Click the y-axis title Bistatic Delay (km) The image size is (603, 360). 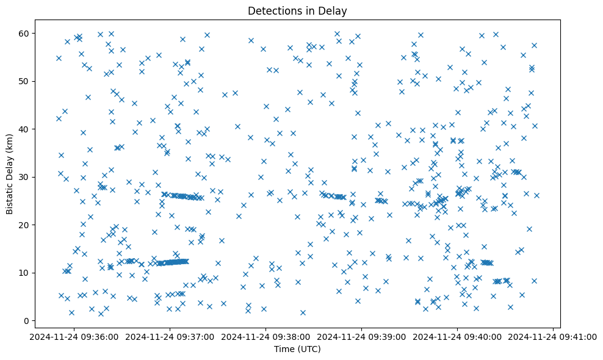[x=10, y=173]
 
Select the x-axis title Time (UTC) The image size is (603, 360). [x=297, y=349]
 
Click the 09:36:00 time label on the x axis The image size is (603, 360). [x=74, y=336]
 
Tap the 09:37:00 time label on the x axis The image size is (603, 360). [x=170, y=336]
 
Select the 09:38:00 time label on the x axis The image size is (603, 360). [x=265, y=336]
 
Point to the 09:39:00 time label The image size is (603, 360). [x=361, y=336]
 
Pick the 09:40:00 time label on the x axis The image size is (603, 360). [x=457, y=336]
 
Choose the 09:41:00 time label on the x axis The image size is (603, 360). [x=553, y=336]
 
